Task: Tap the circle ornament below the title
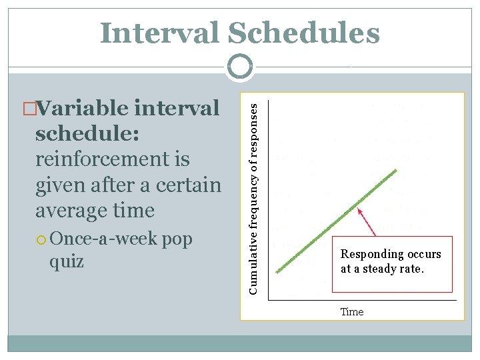[240, 67]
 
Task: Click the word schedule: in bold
[87, 133]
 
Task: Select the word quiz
[67, 262]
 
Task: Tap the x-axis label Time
[352, 311]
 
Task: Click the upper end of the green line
[395, 171]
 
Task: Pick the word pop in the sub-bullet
[177, 239]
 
